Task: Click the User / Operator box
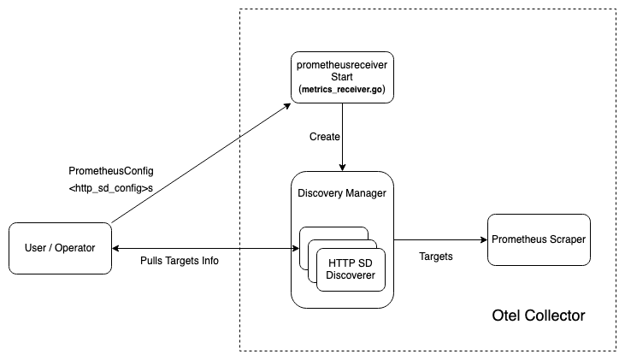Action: pos(60,248)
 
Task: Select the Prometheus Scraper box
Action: pos(539,239)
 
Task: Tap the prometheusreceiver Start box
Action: pos(342,77)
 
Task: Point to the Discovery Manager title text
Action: pos(342,193)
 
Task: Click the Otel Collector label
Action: pos(539,316)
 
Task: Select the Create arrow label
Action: pos(325,137)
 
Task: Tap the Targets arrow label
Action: pos(437,257)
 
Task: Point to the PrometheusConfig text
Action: pos(111,171)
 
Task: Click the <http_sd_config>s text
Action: pos(110,188)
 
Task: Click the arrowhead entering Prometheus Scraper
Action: pos(482,240)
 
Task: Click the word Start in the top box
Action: pos(342,77)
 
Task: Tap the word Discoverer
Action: pos(351,275)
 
